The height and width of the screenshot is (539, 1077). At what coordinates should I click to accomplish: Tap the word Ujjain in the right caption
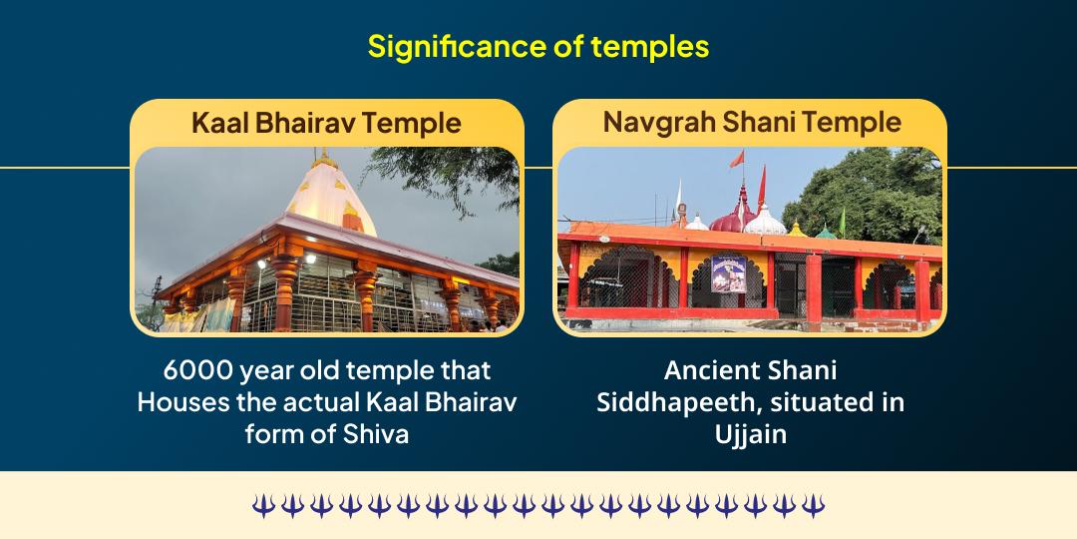pos(750,434)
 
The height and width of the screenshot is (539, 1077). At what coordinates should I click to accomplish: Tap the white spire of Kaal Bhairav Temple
pos(324,200)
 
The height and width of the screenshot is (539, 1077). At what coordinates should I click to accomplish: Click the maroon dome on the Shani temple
pos(730,212)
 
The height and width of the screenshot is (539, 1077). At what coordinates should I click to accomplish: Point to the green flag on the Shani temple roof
pos(840,217)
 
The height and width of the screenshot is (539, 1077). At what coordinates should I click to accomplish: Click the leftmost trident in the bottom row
pos(261,505)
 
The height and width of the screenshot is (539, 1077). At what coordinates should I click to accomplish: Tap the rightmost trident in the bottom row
pos(815,505)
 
